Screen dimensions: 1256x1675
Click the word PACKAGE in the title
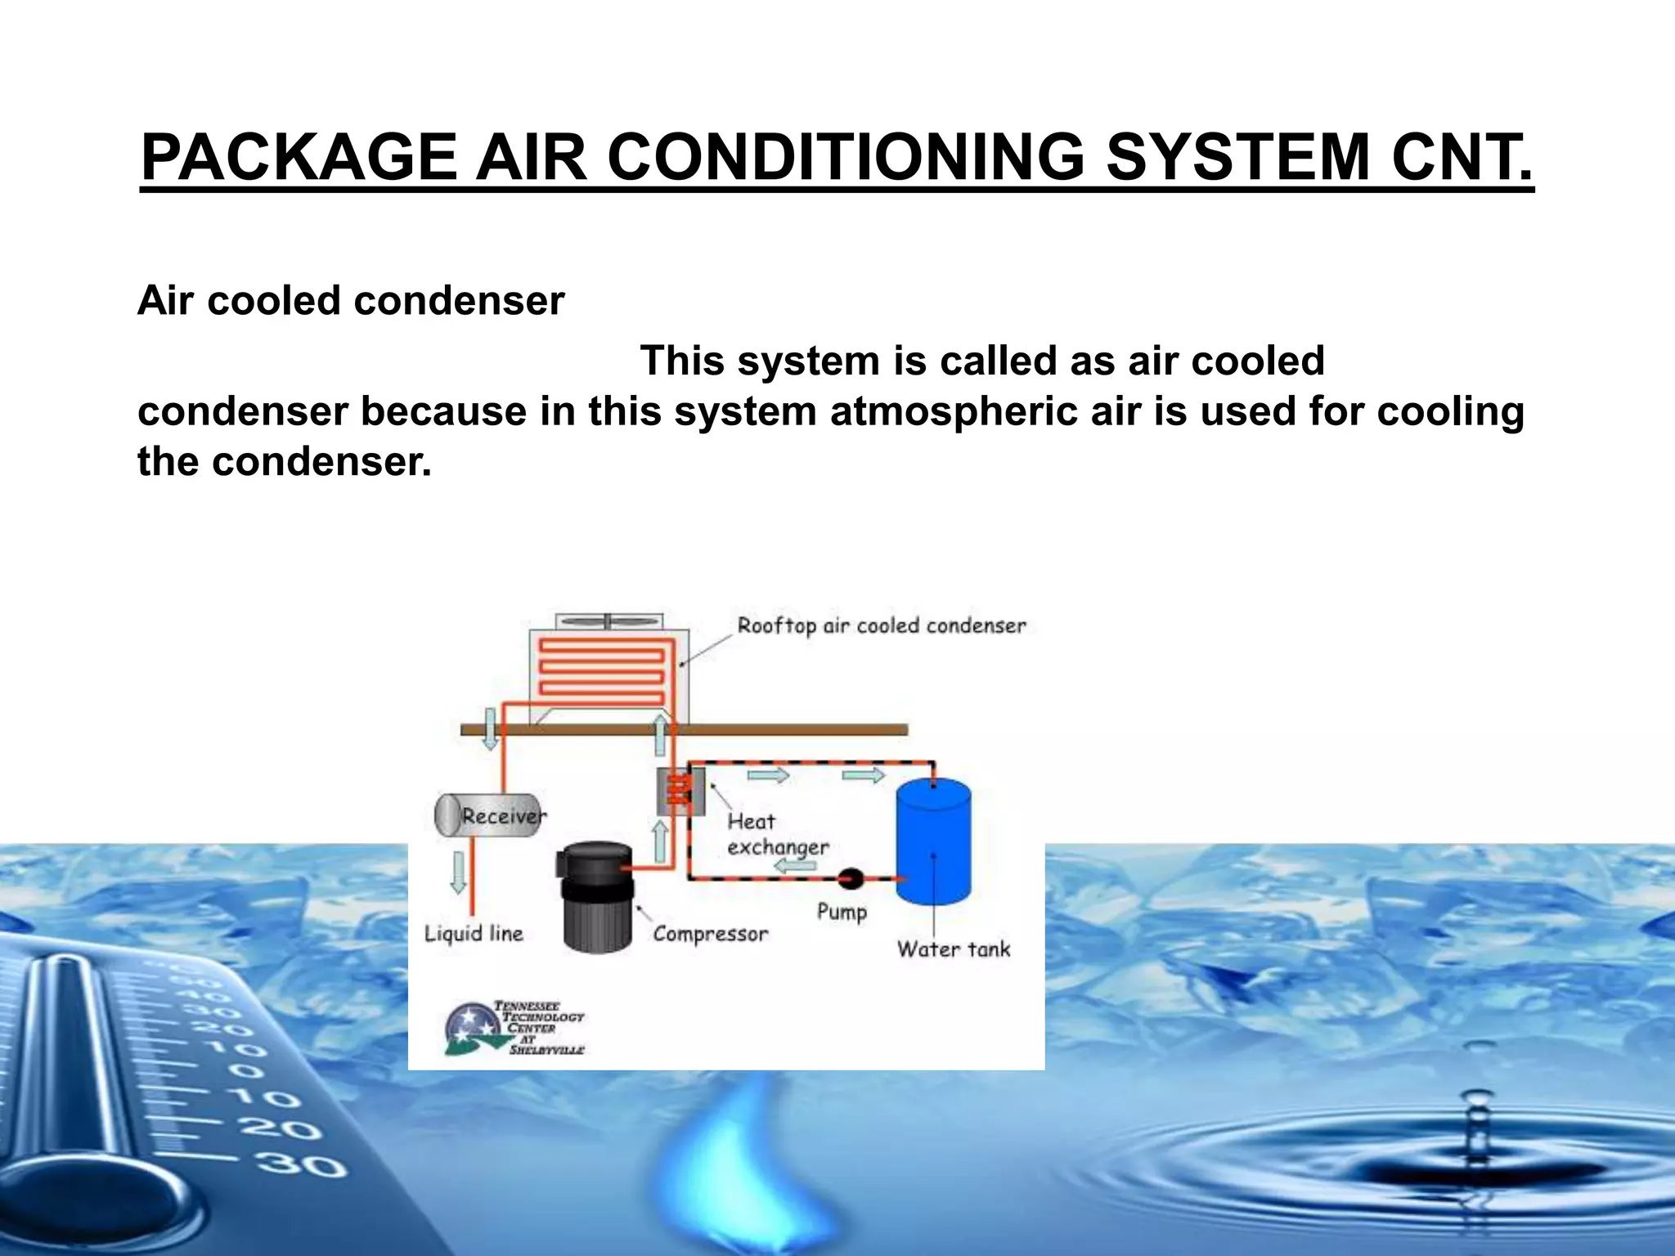click(x=299, y=157)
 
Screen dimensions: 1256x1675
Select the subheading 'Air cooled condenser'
click(x=351, y=301)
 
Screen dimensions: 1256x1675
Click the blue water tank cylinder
click(x=933, y=841)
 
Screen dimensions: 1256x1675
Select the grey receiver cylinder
click(x=488, y=815)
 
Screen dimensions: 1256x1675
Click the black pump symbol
click(x=851, y=879)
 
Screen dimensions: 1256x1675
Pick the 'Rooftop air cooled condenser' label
click(x=881, y=626)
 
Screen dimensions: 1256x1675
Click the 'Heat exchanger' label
click(x=776, y=834)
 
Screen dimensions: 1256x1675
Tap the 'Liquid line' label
click(x=474, y=934)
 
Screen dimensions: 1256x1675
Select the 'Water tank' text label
click(x=953, y=949)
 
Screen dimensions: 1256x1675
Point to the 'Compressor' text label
click(x=710, y=934)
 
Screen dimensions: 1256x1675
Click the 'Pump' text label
click(x=842, y=912)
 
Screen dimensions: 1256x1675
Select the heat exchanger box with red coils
click(x=680, y=792)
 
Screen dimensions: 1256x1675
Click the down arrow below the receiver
click(x=459, y=872)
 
